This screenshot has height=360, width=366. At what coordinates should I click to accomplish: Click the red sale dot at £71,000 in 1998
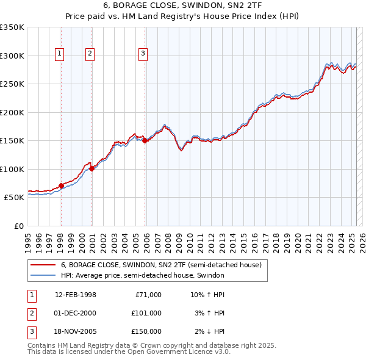click(61, 185)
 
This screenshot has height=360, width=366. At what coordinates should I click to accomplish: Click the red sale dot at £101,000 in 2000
click(91, 169)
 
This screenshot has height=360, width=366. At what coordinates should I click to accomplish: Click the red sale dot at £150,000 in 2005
click(145, 141)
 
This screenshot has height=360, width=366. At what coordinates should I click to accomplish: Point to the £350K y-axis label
click(12, 27)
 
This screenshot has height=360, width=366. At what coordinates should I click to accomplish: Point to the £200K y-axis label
click(12, 112)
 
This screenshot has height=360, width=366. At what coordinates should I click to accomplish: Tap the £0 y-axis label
click(19, 226)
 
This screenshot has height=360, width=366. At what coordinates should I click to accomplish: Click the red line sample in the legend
click(42, 265)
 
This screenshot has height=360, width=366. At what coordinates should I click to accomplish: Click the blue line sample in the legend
click(42, 275)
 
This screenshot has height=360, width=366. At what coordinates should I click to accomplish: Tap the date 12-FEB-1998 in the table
click(76, 295)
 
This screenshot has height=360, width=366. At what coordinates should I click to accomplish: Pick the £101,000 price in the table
click(146, 313)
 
